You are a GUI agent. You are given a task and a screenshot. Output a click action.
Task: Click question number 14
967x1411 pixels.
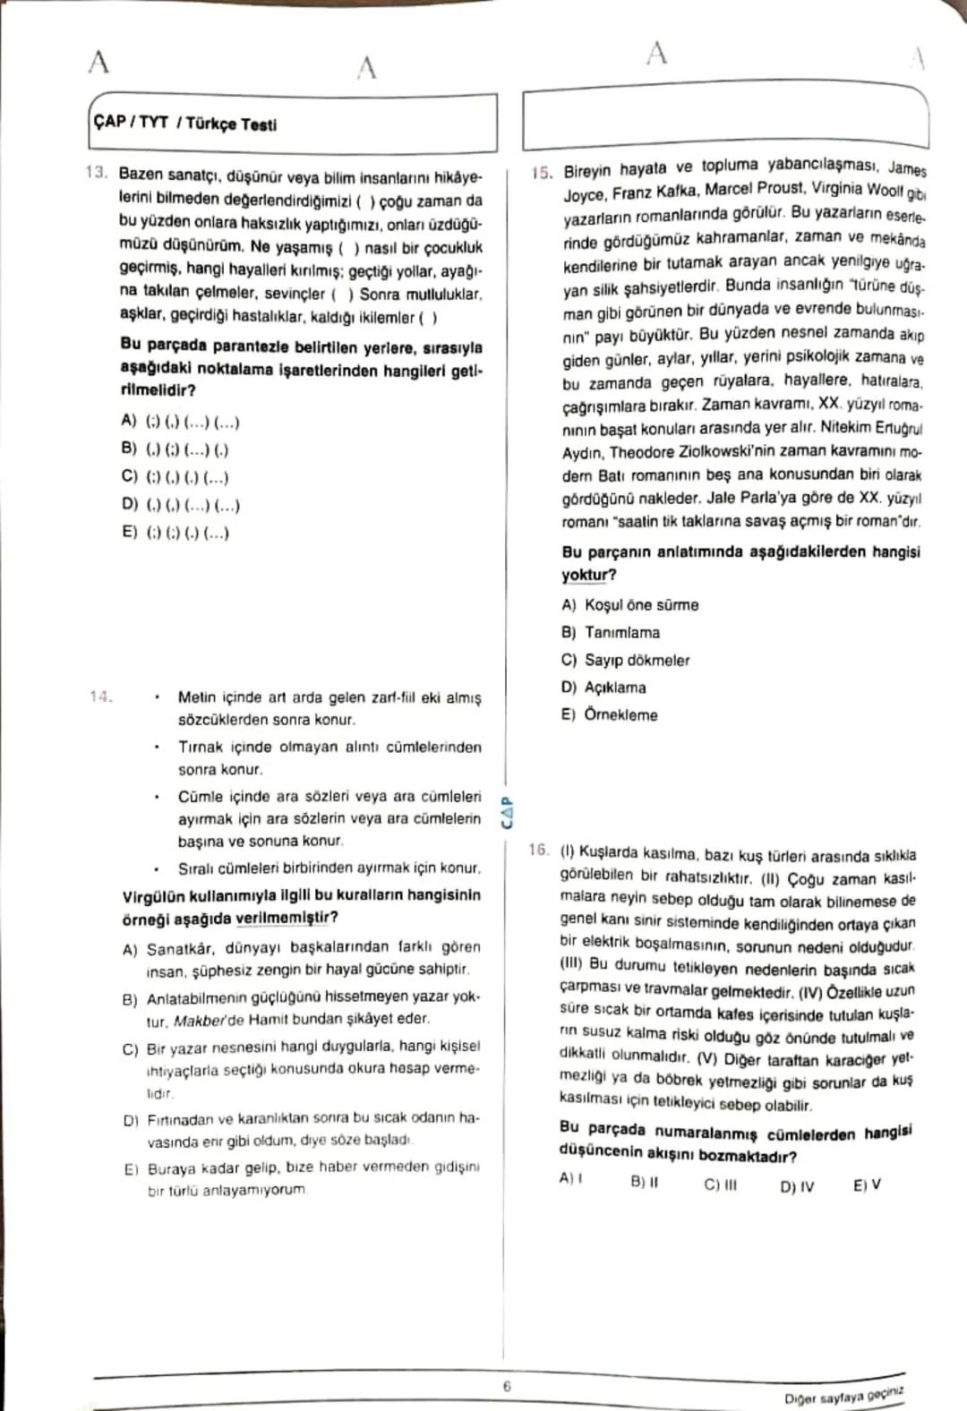(x=100, y=696)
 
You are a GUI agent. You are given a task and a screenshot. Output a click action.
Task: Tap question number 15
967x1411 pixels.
(x=541, y=173)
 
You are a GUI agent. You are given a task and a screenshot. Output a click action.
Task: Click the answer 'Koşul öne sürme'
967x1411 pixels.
(x=641, y=605)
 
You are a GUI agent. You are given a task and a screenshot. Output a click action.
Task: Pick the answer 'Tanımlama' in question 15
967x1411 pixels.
(x=622, y=632)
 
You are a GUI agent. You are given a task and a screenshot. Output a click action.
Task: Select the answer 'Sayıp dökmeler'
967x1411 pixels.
(x=637, y=660)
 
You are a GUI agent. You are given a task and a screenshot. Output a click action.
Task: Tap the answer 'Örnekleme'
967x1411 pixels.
(x=620, y=714)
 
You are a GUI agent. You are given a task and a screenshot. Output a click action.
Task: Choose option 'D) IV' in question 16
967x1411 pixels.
(x=796, y=1186)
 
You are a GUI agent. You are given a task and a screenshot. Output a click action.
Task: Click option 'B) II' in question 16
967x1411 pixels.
(x=644, y=1182)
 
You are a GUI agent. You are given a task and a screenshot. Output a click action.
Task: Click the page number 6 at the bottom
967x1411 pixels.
(x=506, y=1386)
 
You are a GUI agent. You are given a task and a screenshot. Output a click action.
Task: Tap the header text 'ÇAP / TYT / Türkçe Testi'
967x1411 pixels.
(x=184, y=124)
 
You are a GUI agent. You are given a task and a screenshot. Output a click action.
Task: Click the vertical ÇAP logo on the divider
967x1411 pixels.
(x=507, y=811)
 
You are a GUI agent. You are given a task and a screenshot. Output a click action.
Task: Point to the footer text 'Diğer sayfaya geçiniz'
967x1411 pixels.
(x=843, y=1394)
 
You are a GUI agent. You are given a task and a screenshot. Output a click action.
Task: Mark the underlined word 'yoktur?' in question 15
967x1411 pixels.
(x=589, y=575)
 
